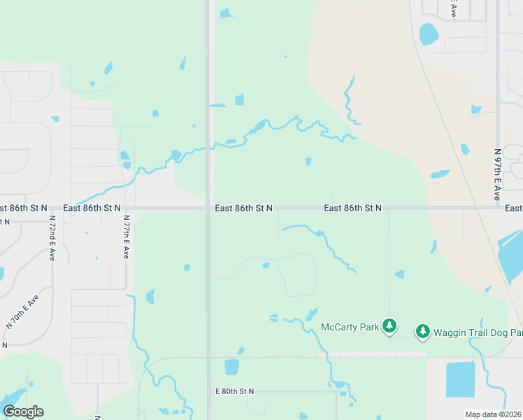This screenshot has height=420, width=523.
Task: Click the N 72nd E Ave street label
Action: pos(52,238)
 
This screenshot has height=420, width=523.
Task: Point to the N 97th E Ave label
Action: pos(497,174)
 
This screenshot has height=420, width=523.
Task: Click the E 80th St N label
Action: pos(234,391)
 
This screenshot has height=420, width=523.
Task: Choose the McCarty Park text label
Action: pos(349,327)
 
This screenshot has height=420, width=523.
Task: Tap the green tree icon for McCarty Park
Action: pos(389,326)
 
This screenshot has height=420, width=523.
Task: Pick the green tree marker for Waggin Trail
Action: pos(422,331)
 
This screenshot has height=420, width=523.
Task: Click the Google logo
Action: pos(23,412)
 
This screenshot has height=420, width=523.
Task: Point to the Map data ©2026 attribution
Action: pos(494,414)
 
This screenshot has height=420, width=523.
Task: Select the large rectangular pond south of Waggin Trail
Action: pos(460,379)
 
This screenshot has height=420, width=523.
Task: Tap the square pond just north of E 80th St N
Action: pos(231,367)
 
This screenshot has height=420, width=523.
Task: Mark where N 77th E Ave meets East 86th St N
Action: pos(126,208)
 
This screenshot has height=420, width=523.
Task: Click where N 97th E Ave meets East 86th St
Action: pos(497,207)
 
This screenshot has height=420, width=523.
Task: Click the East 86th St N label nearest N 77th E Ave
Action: pos(92,208)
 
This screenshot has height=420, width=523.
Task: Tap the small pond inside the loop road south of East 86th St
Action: pos(266,265)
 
